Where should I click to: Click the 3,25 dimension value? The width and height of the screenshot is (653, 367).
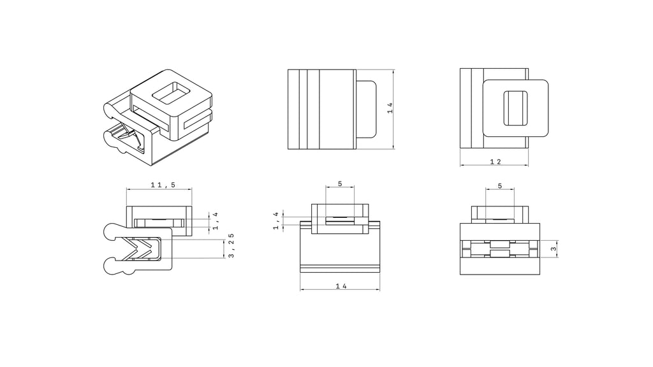[x=231, y=245]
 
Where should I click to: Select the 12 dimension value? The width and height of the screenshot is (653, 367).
[x=495, y=162]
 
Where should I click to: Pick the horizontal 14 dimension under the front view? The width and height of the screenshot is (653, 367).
[x=341, y=286]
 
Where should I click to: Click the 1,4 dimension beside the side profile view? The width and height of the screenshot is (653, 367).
[x=216, y=220]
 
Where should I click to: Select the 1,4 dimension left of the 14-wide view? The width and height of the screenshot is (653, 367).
[x=276, y=220]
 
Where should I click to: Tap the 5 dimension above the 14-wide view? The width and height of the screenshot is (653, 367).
[x=339, y=184]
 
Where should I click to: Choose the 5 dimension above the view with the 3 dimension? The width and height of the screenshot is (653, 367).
[x=499, y=186]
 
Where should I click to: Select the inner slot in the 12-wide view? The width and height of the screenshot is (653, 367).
[x=516, y=108]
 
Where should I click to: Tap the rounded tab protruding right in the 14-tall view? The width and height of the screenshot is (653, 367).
[x=367, y=108]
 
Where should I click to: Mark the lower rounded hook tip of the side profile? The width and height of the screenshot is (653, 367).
[x=112, y=265]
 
